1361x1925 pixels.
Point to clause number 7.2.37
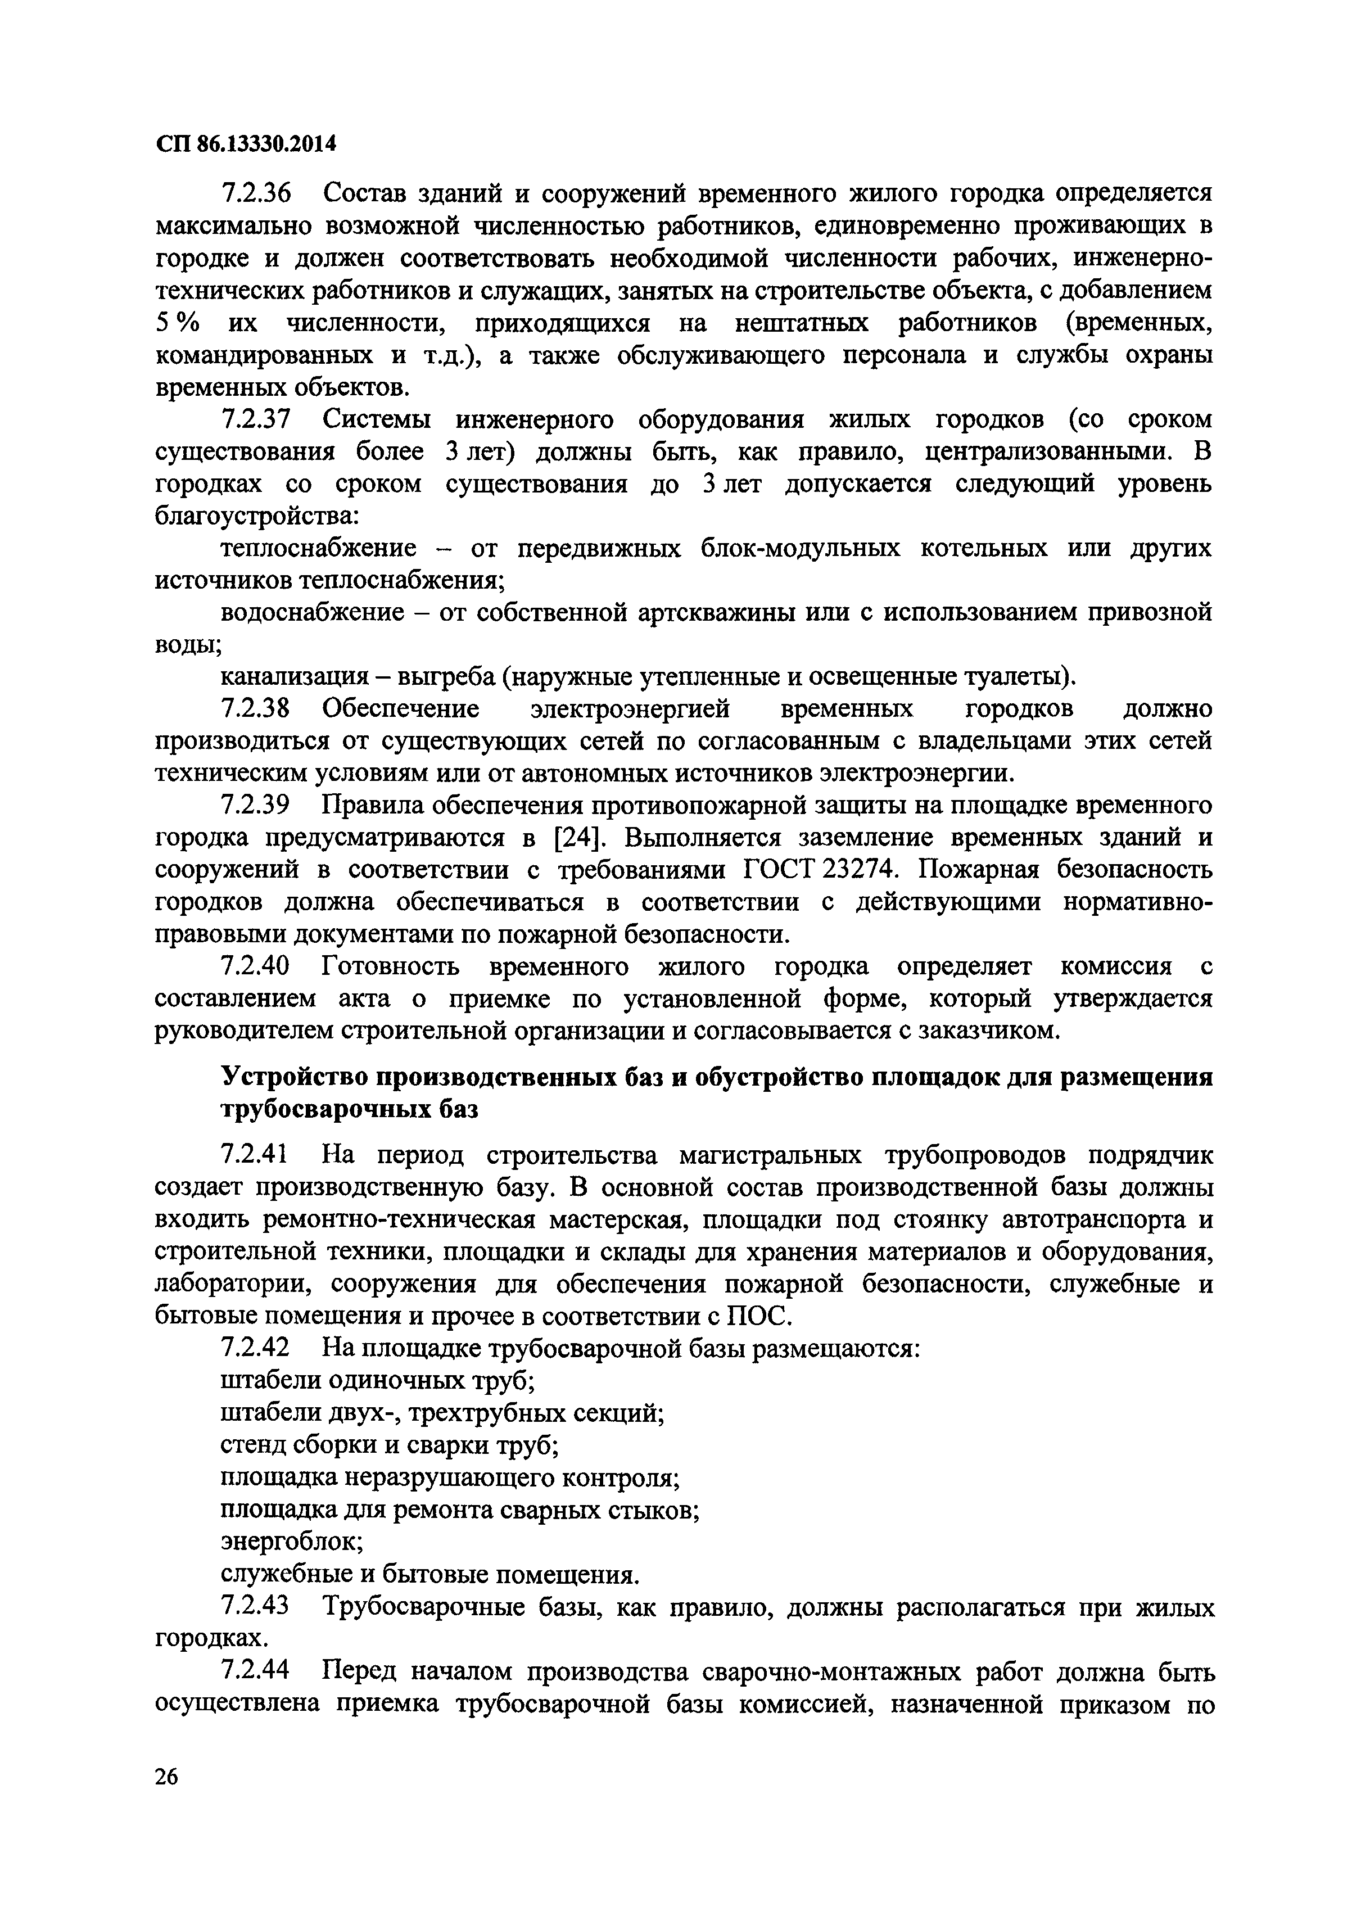pos(256,420)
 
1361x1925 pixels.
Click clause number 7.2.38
pos(256,710)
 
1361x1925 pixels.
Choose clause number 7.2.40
pos(256,966)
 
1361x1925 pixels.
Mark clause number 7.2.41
pos(256,1155)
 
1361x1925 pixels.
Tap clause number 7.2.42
pos(256,1348)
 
